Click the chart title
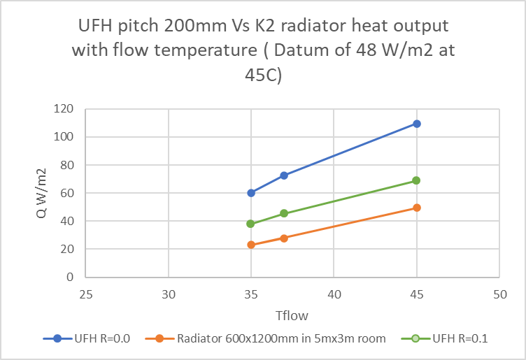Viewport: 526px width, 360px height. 263,51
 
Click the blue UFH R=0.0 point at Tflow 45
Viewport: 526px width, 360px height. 417,124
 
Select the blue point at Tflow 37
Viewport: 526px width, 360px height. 284,175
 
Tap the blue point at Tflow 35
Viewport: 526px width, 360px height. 251,193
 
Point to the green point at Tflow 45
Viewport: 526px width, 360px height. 417,180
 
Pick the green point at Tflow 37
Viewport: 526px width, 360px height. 284,213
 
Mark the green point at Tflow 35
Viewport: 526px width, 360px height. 251,224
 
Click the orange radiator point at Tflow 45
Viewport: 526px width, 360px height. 417,208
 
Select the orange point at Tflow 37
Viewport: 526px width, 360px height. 284,238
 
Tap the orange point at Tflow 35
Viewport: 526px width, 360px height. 251,245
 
